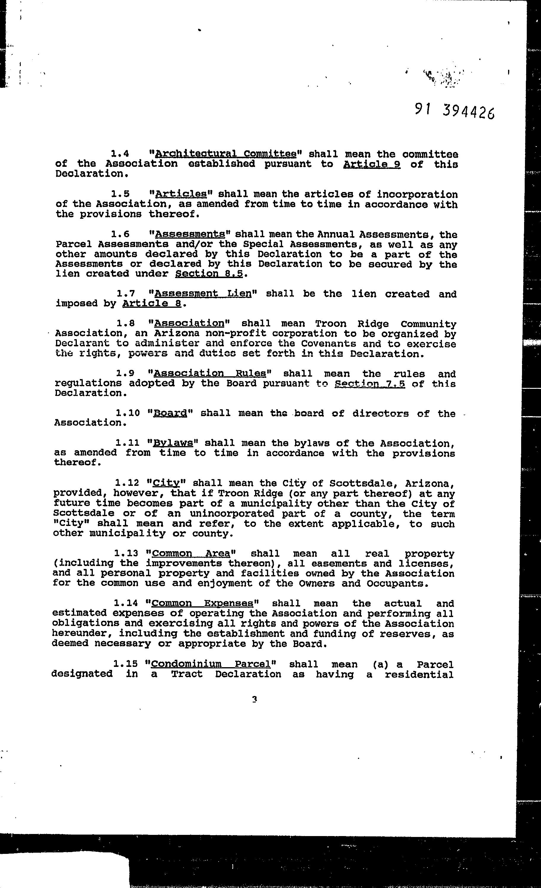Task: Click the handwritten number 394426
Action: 467,111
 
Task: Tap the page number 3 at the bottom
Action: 254,699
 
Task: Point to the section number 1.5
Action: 120,194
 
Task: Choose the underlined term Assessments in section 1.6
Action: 190,234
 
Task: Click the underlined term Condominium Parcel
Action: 211,664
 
